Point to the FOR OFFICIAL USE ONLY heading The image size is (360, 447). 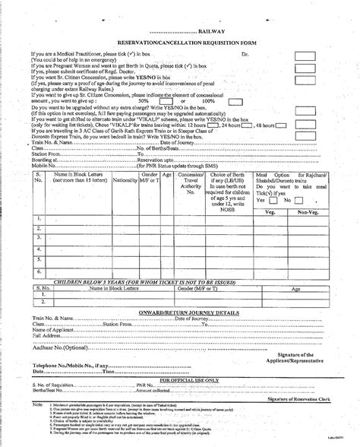(180, 378)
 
